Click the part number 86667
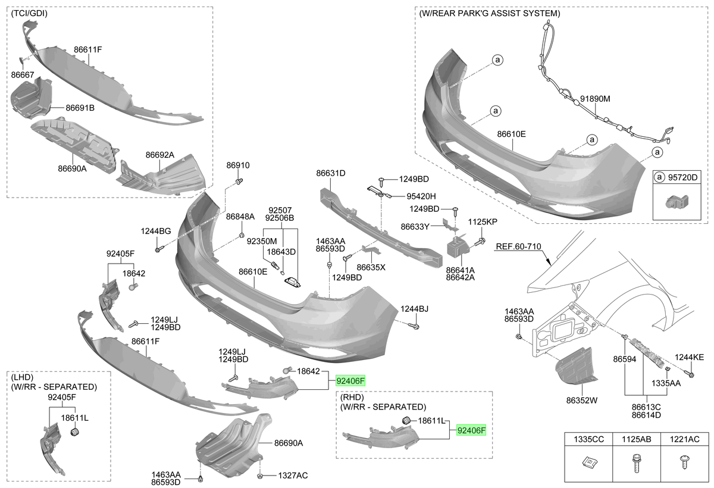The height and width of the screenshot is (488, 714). coord(23,75)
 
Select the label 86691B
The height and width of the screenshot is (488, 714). coord(80,108)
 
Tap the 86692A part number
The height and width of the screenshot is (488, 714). coord(160,155)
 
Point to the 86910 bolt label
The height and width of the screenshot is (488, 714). coord(238,165)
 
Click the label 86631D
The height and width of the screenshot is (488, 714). coord(331,173)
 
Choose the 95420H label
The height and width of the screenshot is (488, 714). coord(421,196)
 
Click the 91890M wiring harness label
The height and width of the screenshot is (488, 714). coord(595,99)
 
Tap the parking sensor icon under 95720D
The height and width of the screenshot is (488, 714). coord(677,202)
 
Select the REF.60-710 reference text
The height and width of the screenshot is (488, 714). coord(519,246)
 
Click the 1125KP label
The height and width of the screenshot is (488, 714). coord(483,222)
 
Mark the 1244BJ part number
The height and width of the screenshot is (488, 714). coord(414,309)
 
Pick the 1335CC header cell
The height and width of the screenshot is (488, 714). coord(588,439)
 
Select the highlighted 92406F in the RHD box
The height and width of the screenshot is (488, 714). coord(471,431)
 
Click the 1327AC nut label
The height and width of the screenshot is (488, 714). coord(293,476)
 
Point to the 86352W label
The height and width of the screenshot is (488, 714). coord(581,401)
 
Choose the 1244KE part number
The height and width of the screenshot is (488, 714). coord(689,358)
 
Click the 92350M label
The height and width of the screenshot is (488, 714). coord(262,241)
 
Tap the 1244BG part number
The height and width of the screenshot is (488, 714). coord(156,232)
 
